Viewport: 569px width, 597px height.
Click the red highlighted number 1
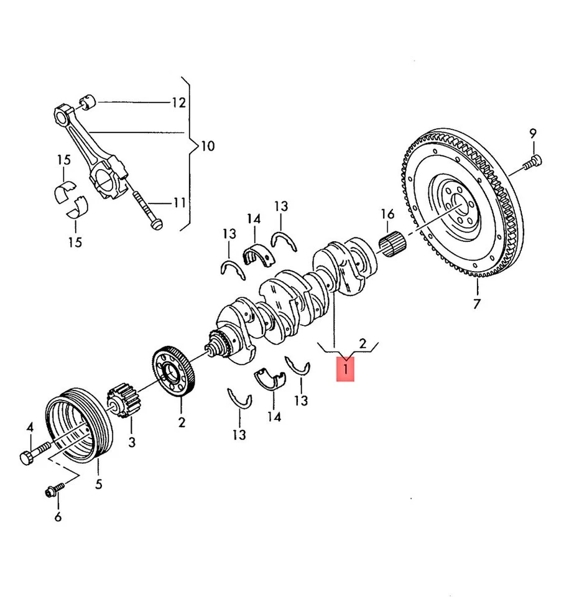[346, 368]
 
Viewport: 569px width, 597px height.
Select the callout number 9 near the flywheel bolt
[532, 132]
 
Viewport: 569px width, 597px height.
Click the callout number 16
[387, 215]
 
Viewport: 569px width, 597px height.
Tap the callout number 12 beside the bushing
[178, 103]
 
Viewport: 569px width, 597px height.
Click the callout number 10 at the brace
[207, 146]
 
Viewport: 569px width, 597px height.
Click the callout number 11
[179, 203]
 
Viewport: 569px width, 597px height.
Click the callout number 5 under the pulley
[98, 484]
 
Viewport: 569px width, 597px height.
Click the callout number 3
[131, 442]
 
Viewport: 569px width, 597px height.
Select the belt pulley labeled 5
[78, 425]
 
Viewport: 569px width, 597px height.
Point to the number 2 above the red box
[363, 343]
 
